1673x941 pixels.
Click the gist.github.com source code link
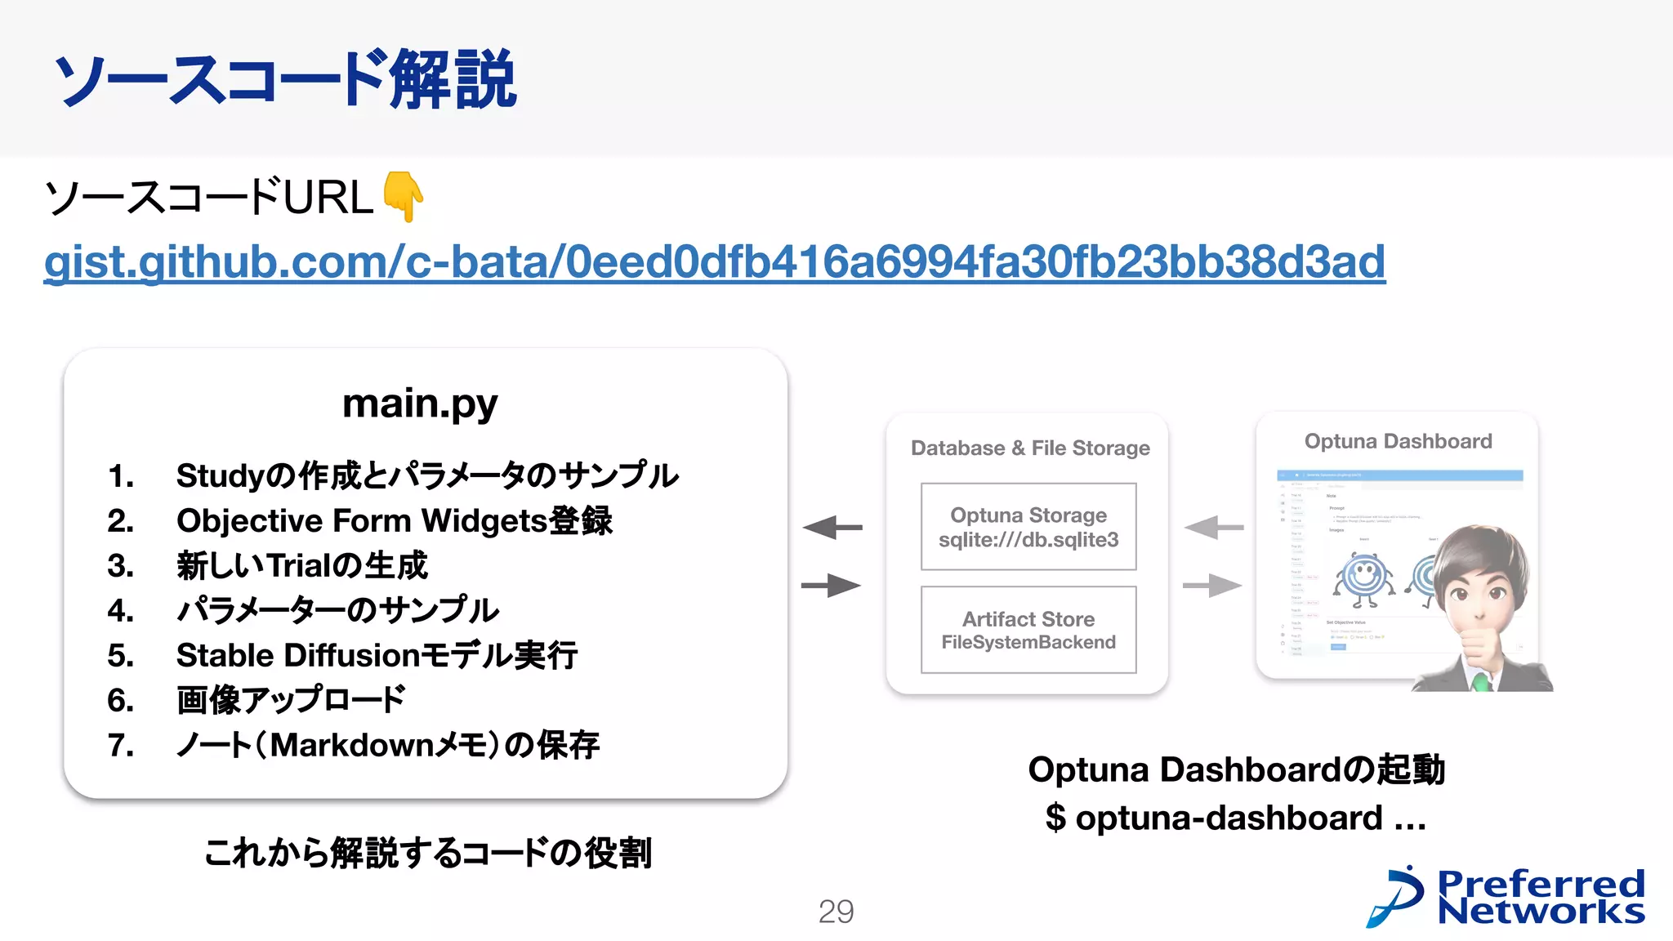click(714, 262)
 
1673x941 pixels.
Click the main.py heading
click(420, 404)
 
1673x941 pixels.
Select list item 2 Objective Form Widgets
click(394, 521)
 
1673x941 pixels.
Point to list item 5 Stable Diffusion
click(377, 656)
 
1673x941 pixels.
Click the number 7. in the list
click(121, 746)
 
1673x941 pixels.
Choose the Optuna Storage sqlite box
click(1028, 527)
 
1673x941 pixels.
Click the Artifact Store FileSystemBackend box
click(1028, 630)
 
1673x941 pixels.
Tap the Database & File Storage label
click(1030, 448)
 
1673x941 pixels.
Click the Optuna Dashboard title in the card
click(1398, 442)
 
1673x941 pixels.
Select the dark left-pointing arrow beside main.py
click(832, 528)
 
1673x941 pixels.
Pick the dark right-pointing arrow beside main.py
click(832, 585)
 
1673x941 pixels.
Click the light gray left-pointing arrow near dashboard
click(1213, 528)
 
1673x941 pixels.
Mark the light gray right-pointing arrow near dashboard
click(1213, 585)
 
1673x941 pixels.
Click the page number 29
click(836, 912)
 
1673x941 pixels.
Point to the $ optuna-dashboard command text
click(1235, 818)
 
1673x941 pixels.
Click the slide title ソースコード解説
click(285, 79)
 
